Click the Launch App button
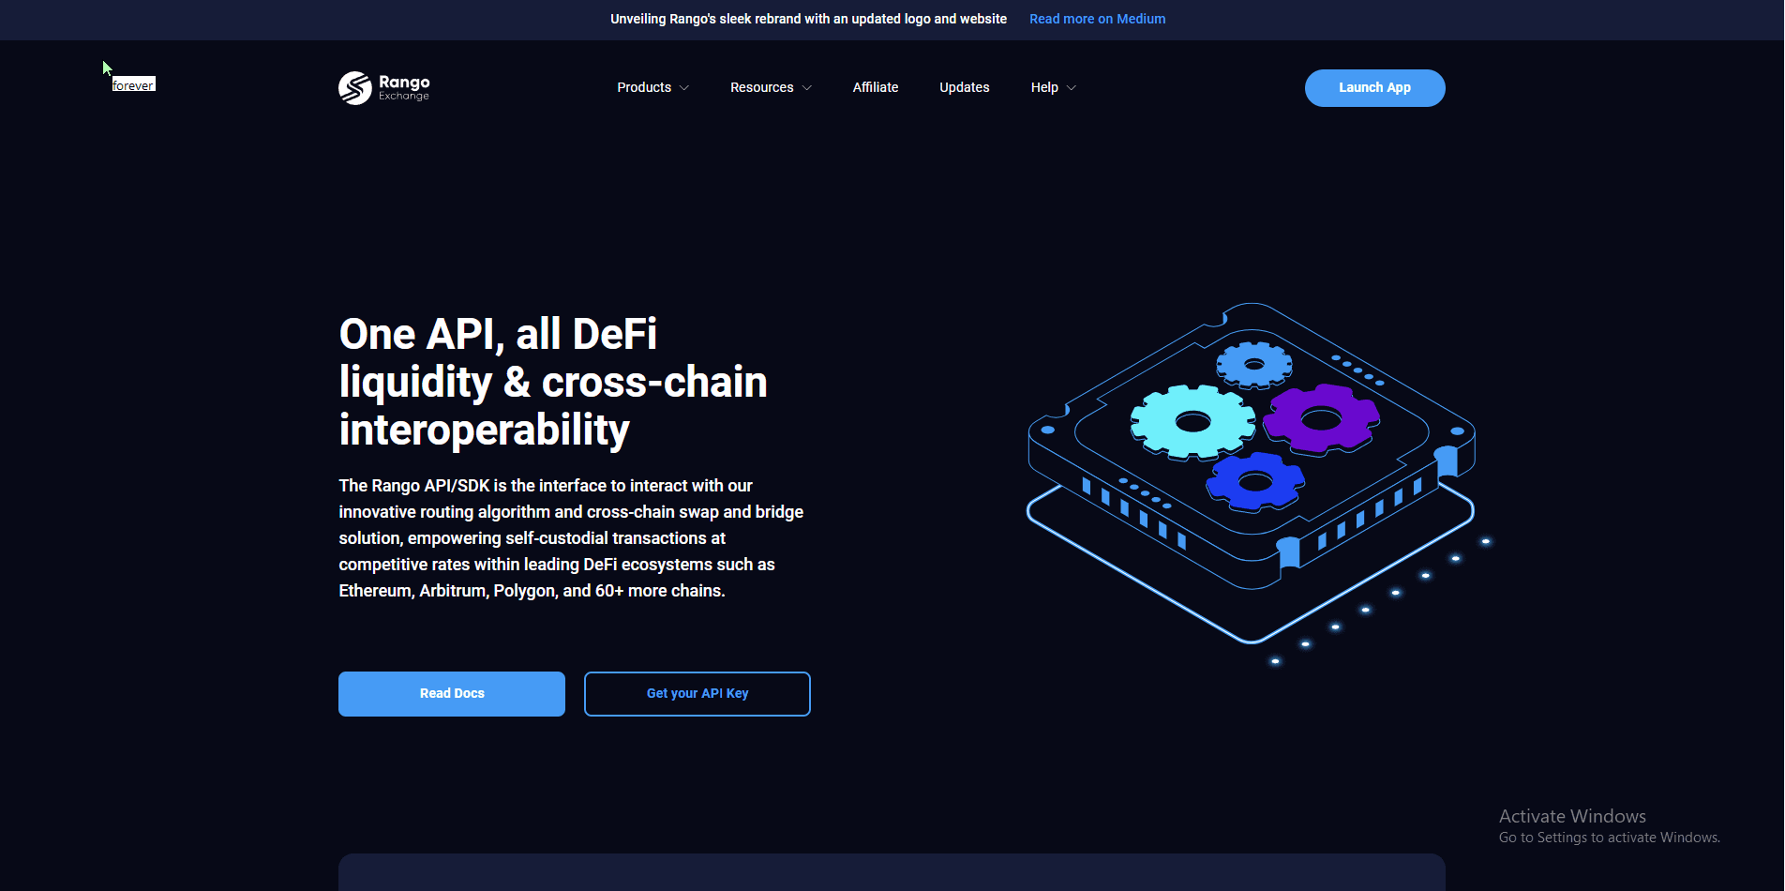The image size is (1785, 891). click(x=1374, y=87)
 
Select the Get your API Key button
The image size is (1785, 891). click(x=697, y=694)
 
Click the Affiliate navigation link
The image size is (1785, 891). click(x=876, y=87)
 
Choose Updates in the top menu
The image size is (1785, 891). click(x=964, y=87)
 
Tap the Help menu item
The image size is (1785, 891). click(x=1044, y=87)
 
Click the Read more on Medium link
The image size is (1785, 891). click(x=1097, y=19)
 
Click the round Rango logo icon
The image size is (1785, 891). click(x=355, y=88)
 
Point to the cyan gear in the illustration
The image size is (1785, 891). click(x=1192, y=422)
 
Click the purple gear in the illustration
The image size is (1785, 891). click(x=1321, y=418)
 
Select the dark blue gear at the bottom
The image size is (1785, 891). click(x=1254, y=482)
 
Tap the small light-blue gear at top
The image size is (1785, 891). click(x=1253, y=364)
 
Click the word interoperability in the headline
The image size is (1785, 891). click(x=484, y=430)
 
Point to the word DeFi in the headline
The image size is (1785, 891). click(x=614, y=334)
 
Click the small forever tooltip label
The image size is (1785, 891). click(x=133, y=84)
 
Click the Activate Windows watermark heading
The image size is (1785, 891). click(x=1572, y=816)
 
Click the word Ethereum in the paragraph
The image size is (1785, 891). click(x=375, y=591)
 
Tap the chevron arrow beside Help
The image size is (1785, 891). click(x=1072, y=88)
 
